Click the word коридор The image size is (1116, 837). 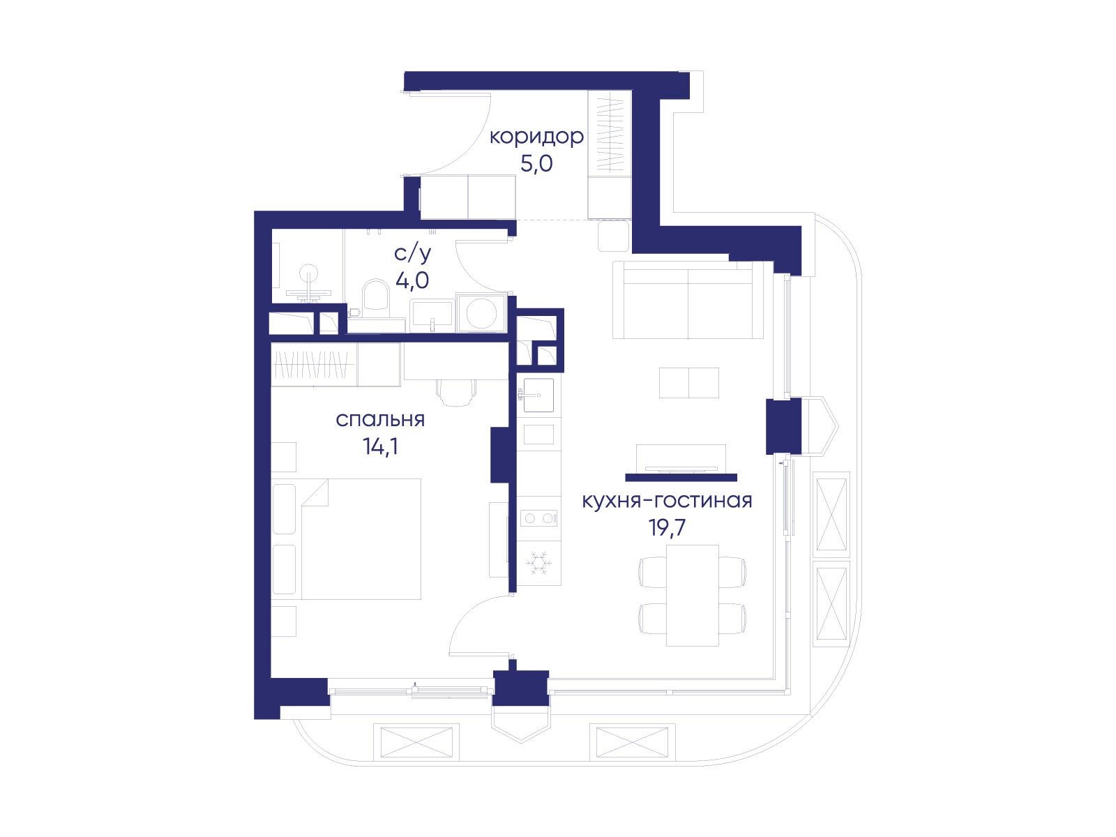coord(536,137)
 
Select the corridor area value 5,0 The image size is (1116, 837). coord(536,164)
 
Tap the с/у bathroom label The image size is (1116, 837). coord(412,253)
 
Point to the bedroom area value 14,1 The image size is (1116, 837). coord(380,446)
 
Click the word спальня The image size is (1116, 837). coord(380,420)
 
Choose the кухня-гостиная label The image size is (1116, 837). coord(667,501)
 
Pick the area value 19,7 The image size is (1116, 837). coord(667,527)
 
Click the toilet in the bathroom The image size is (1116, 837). coord(376,294)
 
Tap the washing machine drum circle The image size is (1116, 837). coord(481,313)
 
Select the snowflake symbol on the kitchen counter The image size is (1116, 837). coord(538,563)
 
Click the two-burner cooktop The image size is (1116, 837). coord(538,518)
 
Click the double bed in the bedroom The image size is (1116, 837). coord(361,538)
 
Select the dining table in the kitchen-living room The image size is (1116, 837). coord(693,596)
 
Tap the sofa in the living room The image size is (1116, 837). coord(688,300)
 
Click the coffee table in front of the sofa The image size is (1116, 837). coord(689,383)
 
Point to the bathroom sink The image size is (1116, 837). coord(432,315)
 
